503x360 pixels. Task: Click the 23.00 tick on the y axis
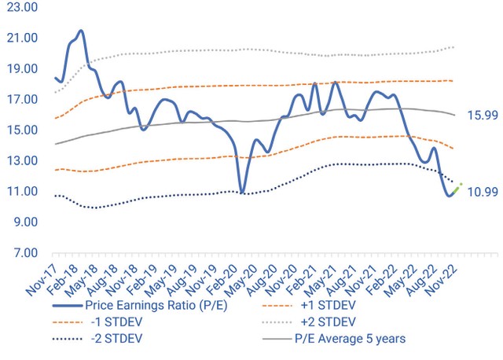(23, 7)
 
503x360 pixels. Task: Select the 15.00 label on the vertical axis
(23, 130)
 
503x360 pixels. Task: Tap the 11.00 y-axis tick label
(23, 192)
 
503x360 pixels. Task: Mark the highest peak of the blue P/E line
(81, 31)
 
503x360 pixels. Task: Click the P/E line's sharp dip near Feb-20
(242, 192)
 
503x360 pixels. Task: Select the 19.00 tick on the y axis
(23, 69)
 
